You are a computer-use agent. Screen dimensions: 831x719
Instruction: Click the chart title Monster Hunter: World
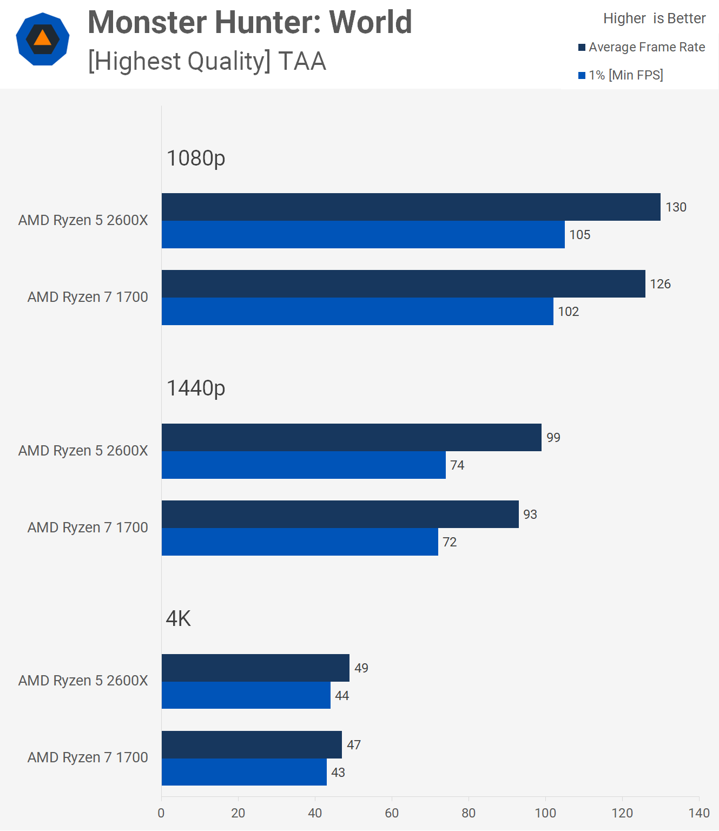point(249,23)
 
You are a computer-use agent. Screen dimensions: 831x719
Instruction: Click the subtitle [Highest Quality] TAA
point(207,61)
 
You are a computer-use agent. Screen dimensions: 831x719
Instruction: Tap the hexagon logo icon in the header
point(43,39)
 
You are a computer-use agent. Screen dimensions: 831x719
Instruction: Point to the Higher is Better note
point(654,18)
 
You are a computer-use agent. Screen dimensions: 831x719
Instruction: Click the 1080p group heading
point(195,158)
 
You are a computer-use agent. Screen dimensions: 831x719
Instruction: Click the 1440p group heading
point(195,388)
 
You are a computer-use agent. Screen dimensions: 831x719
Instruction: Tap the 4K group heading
point(179,618)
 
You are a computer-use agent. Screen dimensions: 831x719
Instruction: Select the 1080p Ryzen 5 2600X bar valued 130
point(411,207)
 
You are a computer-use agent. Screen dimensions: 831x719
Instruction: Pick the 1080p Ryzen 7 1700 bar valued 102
point(357,312)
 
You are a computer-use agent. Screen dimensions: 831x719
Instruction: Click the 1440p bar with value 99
point(351,438)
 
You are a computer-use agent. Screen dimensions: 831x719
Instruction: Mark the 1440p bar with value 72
point(300,542)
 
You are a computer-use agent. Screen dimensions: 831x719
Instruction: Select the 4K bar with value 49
point(255,668)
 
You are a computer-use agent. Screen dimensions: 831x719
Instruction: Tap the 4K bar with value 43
point(244,772)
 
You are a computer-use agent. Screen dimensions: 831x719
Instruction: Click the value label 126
point(660,284)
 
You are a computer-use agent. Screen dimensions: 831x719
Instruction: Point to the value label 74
point(457,465)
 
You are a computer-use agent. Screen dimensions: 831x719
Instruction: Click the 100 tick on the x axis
point(545,813)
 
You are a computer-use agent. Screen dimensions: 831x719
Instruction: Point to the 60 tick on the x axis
point(392,813)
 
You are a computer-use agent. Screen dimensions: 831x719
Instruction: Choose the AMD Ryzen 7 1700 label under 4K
point(88,757)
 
